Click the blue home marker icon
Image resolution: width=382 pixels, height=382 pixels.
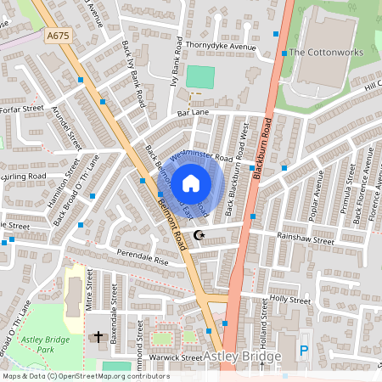coord(191,183)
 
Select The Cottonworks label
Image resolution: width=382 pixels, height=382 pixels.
coord(326,53)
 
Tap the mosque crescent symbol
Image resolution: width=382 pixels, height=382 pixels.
coord(200,234)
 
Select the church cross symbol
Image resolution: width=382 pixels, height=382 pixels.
coord(98,337)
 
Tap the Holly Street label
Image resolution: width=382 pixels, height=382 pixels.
coord(289,299)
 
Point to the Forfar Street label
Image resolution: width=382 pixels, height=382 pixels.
coord(21,108)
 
